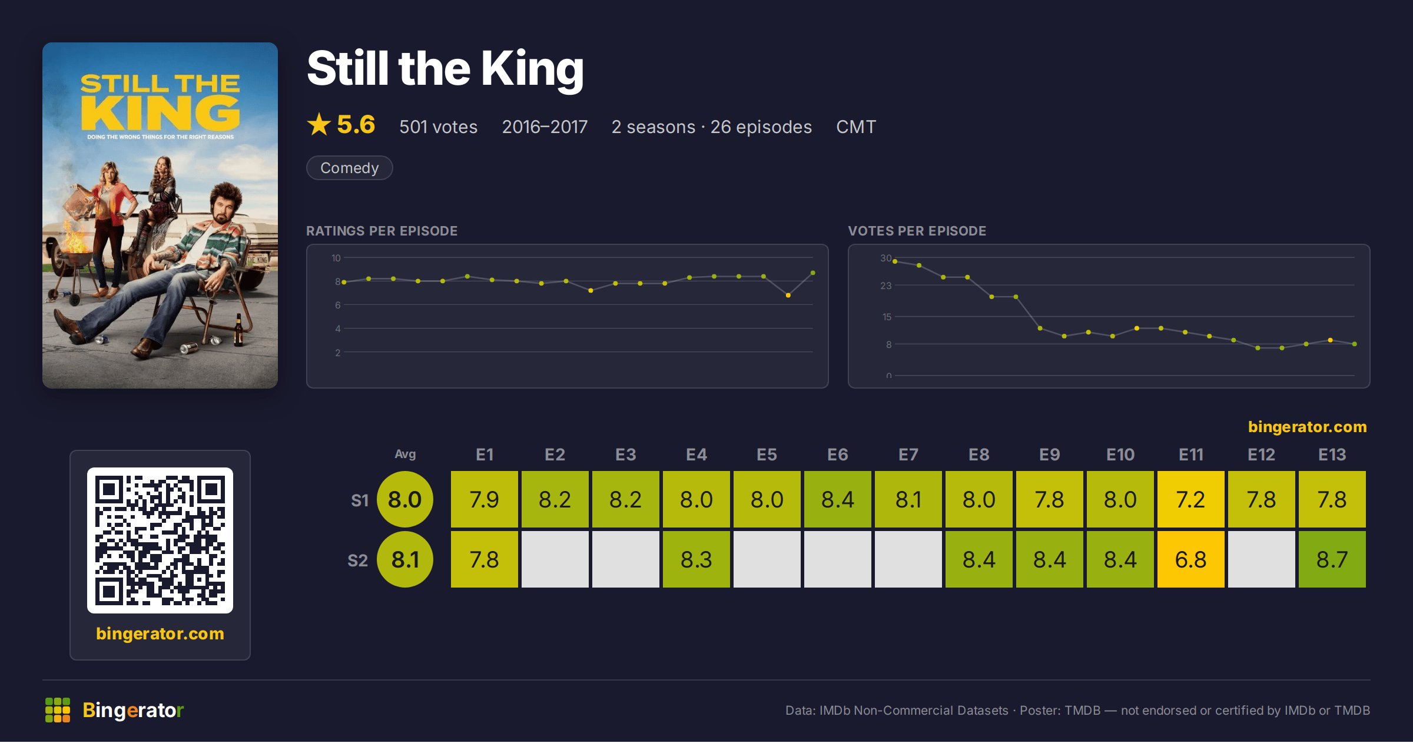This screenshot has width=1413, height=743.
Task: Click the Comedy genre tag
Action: (x=349, y=168)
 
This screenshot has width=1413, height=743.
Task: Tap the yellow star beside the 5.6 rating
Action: (x=319, y=124)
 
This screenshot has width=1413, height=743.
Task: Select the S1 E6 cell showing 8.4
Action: (x=837, y=499)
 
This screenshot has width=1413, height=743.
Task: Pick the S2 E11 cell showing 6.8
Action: (x=1190, y=559)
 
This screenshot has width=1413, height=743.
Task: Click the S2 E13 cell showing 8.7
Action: (x=1332, y=559)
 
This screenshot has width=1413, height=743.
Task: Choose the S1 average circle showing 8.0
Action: (x=405, y=499)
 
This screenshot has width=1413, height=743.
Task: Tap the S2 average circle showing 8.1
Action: (x=405, y=559)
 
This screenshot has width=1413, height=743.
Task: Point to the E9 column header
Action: (x=1049, y=455)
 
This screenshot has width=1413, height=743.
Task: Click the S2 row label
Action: (x=358, y=560)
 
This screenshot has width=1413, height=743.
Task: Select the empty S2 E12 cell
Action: (x=1261, y=559)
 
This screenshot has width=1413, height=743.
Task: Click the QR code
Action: (x=160, y=540)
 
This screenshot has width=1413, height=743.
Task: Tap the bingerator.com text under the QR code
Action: (x=160, y=633)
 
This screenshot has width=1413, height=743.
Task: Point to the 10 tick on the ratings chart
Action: (x=336, y=258)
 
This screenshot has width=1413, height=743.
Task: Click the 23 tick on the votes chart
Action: (x=886, y=286)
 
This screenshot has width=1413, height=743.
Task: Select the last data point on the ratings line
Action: (x=813, y=273)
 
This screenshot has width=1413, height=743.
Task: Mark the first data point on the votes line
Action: (x=895, y=261)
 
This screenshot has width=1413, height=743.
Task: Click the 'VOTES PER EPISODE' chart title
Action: (x=917, y=231)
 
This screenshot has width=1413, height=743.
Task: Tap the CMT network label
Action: (x=856, y=127)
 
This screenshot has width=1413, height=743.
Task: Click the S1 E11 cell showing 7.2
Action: (x=1190, y=499)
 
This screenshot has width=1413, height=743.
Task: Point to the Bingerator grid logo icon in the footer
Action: (x=58, y=710)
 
